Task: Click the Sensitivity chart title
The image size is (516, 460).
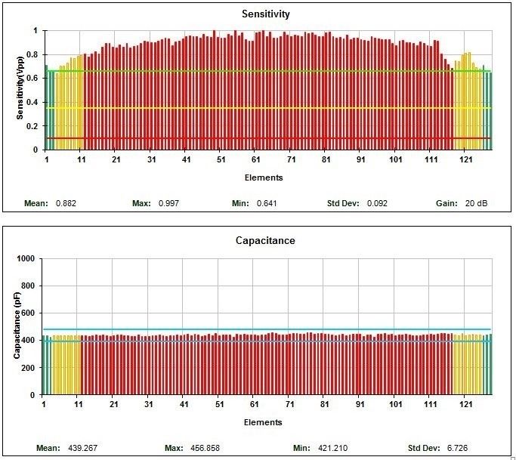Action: (265, 14)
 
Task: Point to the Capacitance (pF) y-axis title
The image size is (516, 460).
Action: (17, 326)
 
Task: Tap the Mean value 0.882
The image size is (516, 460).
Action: (66, 203)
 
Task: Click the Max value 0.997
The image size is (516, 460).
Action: (167, 203)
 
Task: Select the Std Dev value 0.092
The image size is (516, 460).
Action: (377, 203)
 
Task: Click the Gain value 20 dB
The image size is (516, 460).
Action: (476, 203)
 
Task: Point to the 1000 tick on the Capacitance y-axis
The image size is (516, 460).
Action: (27, 258)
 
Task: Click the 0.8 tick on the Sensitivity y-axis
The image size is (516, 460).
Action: (31, 54)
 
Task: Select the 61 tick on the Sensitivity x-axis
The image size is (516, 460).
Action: (257, 160)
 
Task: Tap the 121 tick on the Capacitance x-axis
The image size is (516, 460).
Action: (465, 405)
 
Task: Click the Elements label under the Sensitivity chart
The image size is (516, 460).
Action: (264, 178)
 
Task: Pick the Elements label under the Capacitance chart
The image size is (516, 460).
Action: (264, 422)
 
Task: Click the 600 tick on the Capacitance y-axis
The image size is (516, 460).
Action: (29, 313)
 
